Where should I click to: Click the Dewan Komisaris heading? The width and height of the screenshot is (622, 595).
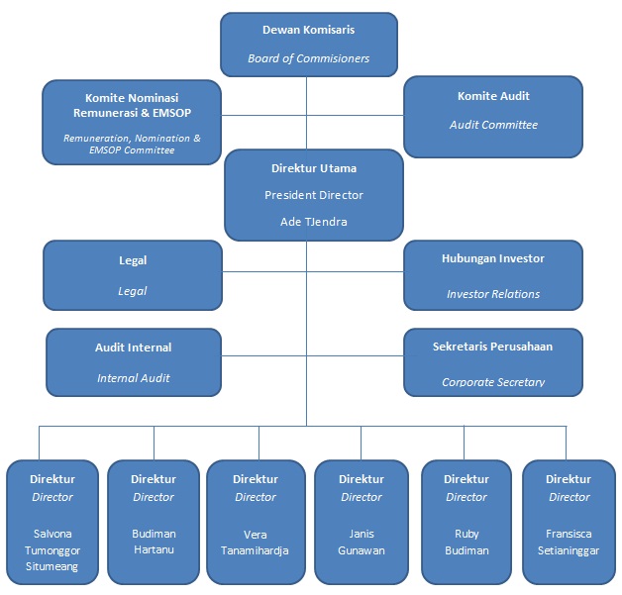coord(308,31)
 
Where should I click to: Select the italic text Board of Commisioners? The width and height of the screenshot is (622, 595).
coord(308,58)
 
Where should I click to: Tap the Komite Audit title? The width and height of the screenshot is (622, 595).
coord(493,96)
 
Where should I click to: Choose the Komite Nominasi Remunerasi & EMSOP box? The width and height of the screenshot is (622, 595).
coord(132,122)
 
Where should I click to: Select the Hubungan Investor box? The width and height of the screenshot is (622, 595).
coord(493,275)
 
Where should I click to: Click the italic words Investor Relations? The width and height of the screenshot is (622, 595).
coord(493,294)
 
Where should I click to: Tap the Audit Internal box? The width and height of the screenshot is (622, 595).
coord(133,362)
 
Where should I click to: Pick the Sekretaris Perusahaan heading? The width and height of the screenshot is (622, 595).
coord(493,347)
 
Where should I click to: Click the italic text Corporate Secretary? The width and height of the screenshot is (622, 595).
coord(493,381)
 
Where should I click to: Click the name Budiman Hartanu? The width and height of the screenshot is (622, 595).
coord(154,542)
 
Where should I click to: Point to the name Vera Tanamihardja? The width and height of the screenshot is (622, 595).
coord(255,542)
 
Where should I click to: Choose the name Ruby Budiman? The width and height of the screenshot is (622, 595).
coord(466,542)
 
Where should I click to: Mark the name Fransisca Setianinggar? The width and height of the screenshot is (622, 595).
coord(569,542)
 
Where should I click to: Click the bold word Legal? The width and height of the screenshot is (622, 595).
coord(133,260)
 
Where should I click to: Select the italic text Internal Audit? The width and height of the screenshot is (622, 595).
coord(133,378)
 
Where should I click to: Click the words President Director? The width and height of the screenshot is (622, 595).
coord(313,195)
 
